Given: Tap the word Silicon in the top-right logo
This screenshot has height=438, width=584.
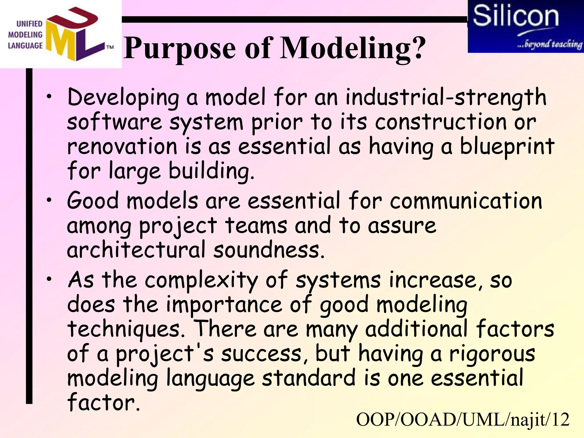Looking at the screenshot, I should pyautogui.click(x=516, y=17).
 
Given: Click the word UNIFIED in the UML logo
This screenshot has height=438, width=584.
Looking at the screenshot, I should pyautogui.click(x=29, y=24).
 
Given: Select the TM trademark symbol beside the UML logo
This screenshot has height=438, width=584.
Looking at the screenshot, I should pyautogui.click(x=110, y=47).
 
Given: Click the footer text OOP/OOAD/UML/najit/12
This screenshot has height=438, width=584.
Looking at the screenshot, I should pyautogui.click(x=463, y=420).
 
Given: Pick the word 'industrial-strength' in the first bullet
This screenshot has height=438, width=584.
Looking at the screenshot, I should pyautogui.click(x=446, y=97).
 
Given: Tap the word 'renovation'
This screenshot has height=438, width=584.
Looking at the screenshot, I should pyautogui.click(x=122, y=146).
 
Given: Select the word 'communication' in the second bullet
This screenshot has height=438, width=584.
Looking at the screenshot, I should pyautogui.click(x=466, y=200).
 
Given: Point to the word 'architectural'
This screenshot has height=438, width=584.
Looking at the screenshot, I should pyautogui.click(x=136, y=250).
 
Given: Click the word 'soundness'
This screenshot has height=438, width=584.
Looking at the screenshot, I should pyautogui.click(x=269, y=250).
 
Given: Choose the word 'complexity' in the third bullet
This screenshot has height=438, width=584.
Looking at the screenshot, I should pyautogui.click(x=201, y=280).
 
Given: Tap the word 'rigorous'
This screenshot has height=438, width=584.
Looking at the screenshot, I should pyautogui.click(x=492, y=354).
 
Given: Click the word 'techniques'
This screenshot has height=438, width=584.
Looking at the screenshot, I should pyautogui.click(x=126, y=329).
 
